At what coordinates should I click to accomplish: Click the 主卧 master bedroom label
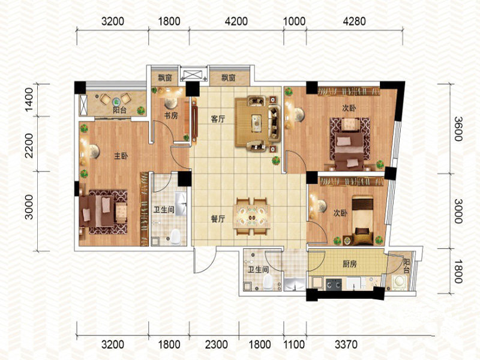121,156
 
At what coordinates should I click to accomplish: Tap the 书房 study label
171,115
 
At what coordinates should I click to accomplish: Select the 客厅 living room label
218,119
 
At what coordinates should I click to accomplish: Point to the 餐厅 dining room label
218,219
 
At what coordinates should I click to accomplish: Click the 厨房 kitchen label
349,263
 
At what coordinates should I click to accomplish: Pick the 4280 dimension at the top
354,21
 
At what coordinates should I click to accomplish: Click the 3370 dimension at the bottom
346,344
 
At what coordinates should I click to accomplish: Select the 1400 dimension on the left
29,100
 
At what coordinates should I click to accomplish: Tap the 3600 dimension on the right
458,128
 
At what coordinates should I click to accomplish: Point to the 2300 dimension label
217,344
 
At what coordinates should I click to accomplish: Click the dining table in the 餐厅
251,217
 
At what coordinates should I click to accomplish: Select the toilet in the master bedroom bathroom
175,237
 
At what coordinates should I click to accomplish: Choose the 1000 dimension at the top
295,21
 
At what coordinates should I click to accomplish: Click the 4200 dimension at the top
236,21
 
